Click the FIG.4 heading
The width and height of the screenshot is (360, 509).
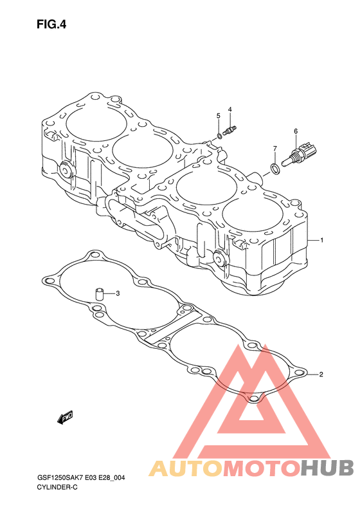[x=51, y=24]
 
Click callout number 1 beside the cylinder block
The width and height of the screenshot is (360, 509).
[x=321, y=240]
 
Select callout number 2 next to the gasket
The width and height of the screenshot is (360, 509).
[x=321, y=375]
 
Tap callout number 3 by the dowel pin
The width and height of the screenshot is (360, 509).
[x=118, y=293]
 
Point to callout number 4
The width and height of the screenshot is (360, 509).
[x=230, y=109]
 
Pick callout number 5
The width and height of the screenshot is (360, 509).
[x=219, y=116]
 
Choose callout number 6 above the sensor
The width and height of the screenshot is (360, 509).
[x=296, y=131]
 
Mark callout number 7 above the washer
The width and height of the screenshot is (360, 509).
[x=274, y=149]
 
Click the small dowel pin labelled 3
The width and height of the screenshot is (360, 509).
[x=98, y=294]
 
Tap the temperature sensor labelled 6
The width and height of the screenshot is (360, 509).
[x=300, y=153]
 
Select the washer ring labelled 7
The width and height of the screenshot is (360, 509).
[x=275, y=169]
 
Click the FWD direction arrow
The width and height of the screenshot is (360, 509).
[x=65, y=418]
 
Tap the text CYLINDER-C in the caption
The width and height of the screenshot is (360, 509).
[x=57, y=487]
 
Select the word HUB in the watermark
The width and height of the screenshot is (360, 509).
[x=327, y=468]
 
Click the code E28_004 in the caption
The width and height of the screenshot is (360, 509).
[x=112, y=477]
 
